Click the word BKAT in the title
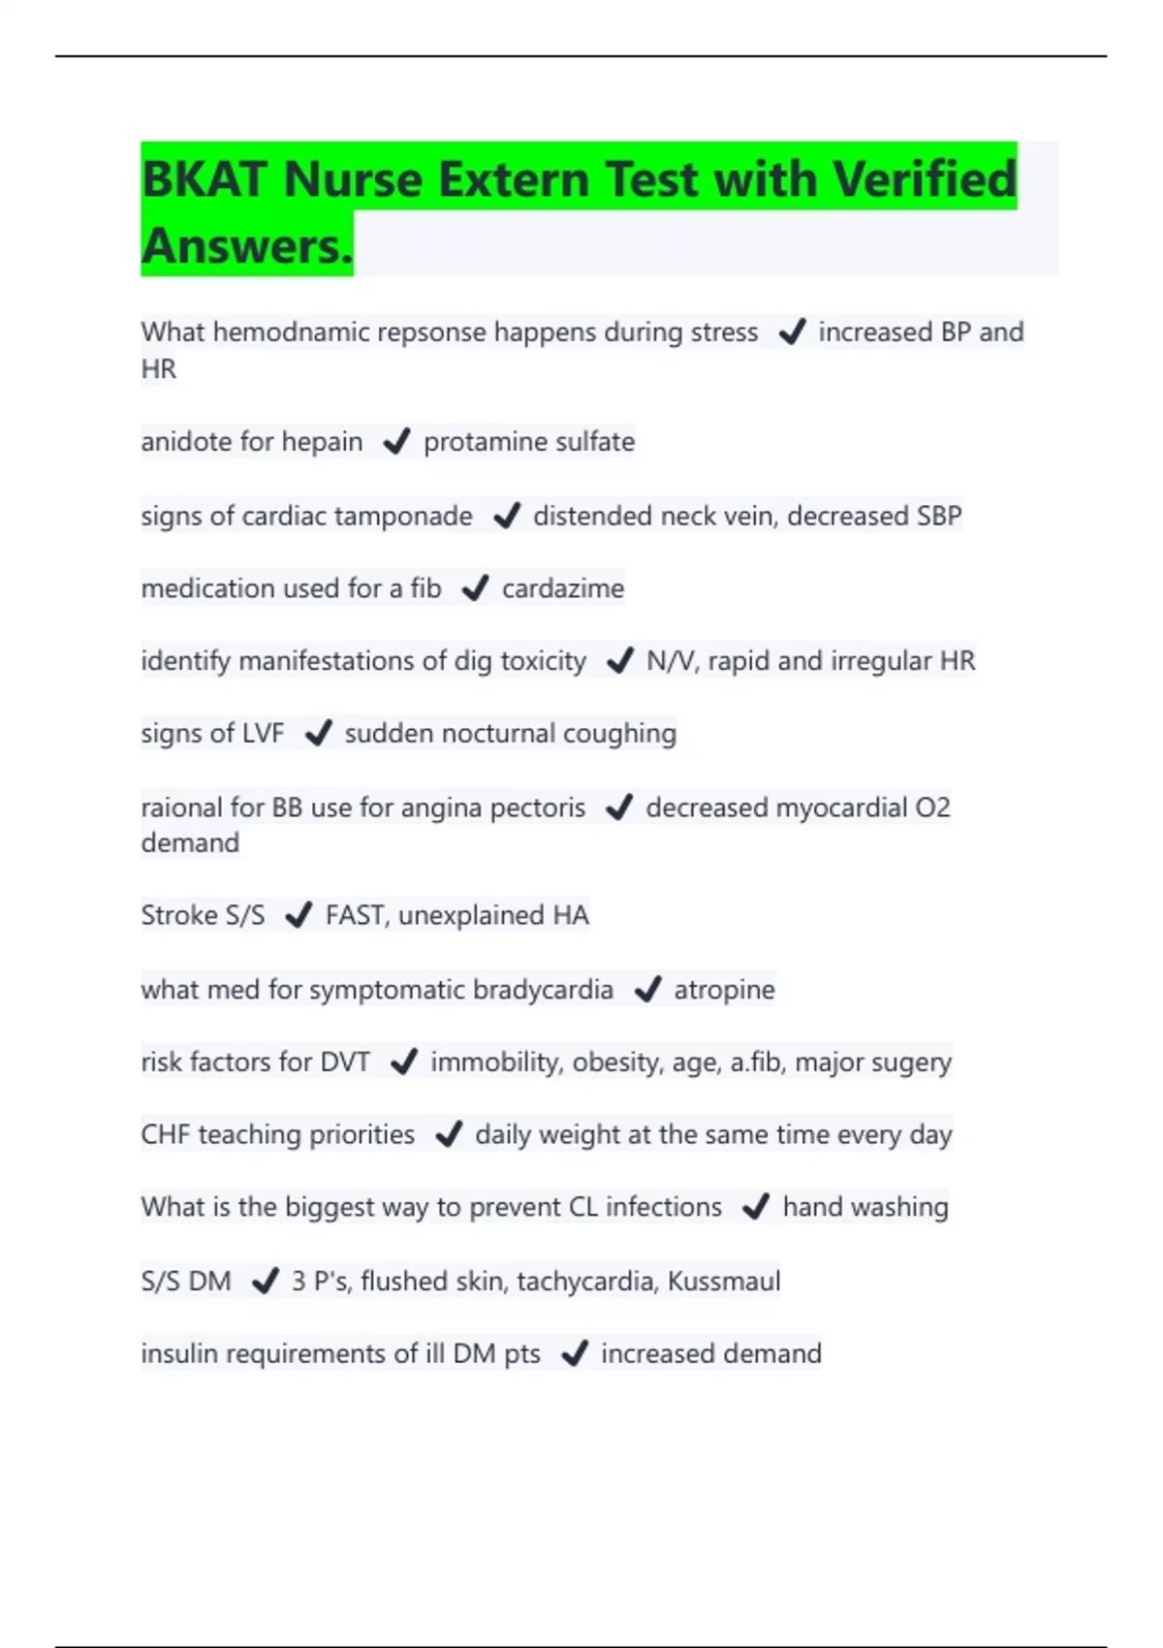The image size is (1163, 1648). [x=204, y=180]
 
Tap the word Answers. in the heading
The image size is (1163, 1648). [x=247, y=246]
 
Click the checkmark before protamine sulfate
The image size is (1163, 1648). [x=396, y=442]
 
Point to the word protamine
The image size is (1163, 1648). [x=479, y=442]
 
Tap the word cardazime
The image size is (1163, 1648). [x=563, y=588]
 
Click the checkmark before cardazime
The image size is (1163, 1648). [x=475, y=588]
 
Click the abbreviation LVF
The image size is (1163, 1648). [x=263, y=734]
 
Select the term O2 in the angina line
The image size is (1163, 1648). [x=932, y=808]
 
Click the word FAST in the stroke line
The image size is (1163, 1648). [x=355, y=915]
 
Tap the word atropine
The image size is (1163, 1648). [x=724, y=990]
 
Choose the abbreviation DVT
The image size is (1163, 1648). [x=345, y=1062]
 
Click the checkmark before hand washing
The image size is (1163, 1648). [x=755, y=1207]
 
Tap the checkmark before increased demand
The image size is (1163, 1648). [x=575, y=1353]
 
